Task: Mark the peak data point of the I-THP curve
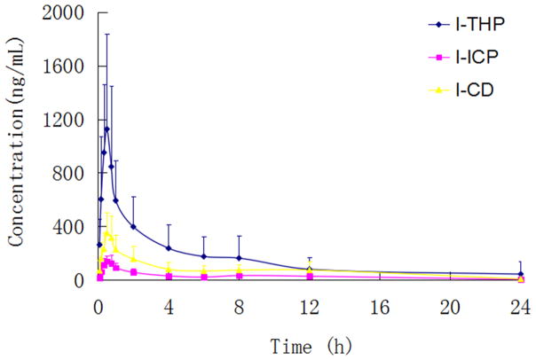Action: click(x=106, y=129)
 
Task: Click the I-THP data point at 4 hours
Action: click(x=169, y=248)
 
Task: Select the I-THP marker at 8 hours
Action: click(x=239, y=258)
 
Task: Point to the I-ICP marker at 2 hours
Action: click(x=133, y=272)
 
